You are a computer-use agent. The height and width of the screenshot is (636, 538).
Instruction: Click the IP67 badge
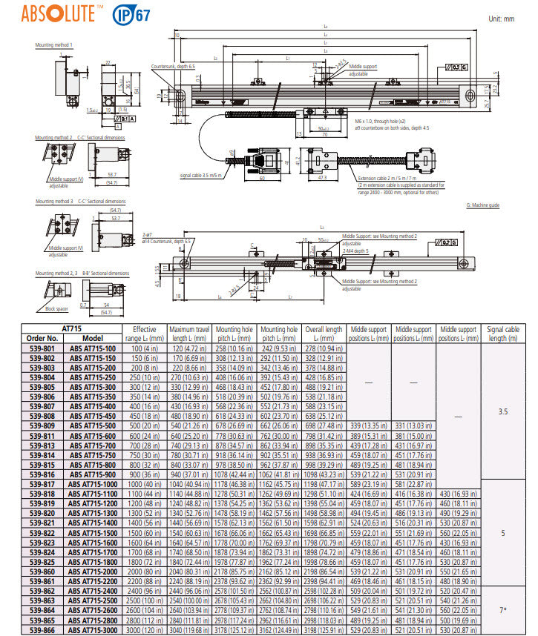click(130, 13)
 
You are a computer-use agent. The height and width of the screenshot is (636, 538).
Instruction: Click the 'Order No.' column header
click(43, 338)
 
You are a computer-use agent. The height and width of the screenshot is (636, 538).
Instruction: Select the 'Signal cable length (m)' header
click(502, 334)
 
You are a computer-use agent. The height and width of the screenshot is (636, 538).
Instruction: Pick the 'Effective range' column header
click(144, 334)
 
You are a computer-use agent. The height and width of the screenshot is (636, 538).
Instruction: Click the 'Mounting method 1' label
click(54, 45)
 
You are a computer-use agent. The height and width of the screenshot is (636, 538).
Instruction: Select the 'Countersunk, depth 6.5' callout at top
click(173, 66)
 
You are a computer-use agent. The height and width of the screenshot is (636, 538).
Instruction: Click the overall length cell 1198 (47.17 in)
click(324, 483)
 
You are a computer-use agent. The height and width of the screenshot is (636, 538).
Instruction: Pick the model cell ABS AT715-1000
click(94, 483)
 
